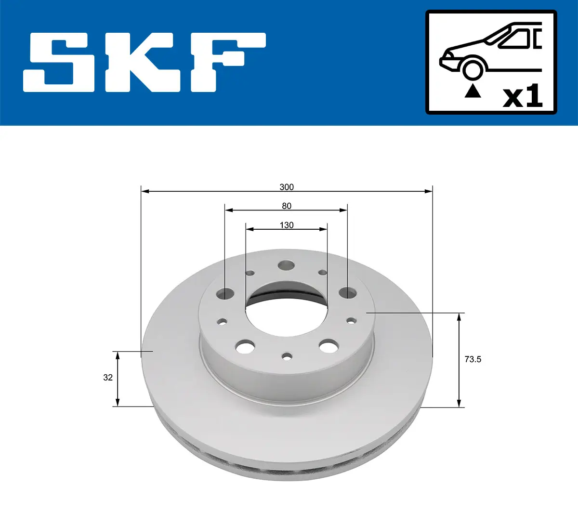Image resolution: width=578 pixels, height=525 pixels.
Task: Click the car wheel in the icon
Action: click(x=473, y=69)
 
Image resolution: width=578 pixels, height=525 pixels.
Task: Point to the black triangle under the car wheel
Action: click(x=473, y=91)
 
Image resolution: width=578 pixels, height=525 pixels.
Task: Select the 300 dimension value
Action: click(x=287, y=187)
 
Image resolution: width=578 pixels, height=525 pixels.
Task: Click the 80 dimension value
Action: click(x=287, y=206)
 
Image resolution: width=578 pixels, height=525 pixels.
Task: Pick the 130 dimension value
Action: click(x=287, y=225)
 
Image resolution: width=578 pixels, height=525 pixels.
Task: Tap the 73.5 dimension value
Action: click(x=473, y=359)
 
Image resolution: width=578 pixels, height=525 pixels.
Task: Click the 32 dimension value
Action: click(x=108, y=378)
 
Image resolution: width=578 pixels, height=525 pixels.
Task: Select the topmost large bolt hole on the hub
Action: click(x=287, y=265)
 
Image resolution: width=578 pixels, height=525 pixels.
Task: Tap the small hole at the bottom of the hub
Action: click(x=287, y=356)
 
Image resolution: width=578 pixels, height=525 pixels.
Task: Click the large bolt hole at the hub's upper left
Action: click(x=225, y=293)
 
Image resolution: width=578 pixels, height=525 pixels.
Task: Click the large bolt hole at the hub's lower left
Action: click(x=245, y=346)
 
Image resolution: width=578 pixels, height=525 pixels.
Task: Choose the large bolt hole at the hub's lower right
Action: click(x=328, y=346)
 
